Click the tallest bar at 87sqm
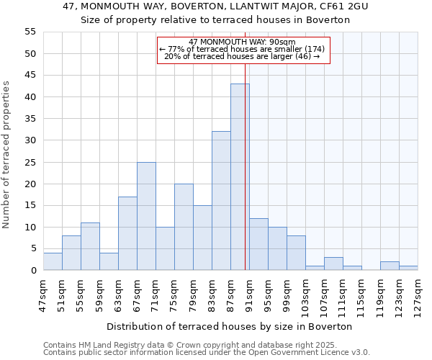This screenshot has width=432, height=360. [x=240, y=177]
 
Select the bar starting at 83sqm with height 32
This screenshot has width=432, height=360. [x=221, y=201]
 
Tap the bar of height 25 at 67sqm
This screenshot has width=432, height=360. [x=146, y=216]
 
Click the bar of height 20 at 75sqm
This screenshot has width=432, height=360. [x=184, y=227]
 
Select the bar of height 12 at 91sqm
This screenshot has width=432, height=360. [x=258, y=244]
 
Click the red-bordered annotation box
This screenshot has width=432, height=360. [x=243, y=50]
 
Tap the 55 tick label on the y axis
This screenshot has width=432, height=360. [x=30, y=32]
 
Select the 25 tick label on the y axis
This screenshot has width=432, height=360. [x=30, y=162]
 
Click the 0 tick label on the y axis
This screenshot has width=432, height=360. [x=32, y=271]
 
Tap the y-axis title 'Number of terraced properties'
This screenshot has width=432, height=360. [x=6, y=155]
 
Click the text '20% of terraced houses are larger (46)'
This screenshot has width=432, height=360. [x=242, y=56]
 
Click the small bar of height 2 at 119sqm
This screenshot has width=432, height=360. [x=390, y=266]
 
